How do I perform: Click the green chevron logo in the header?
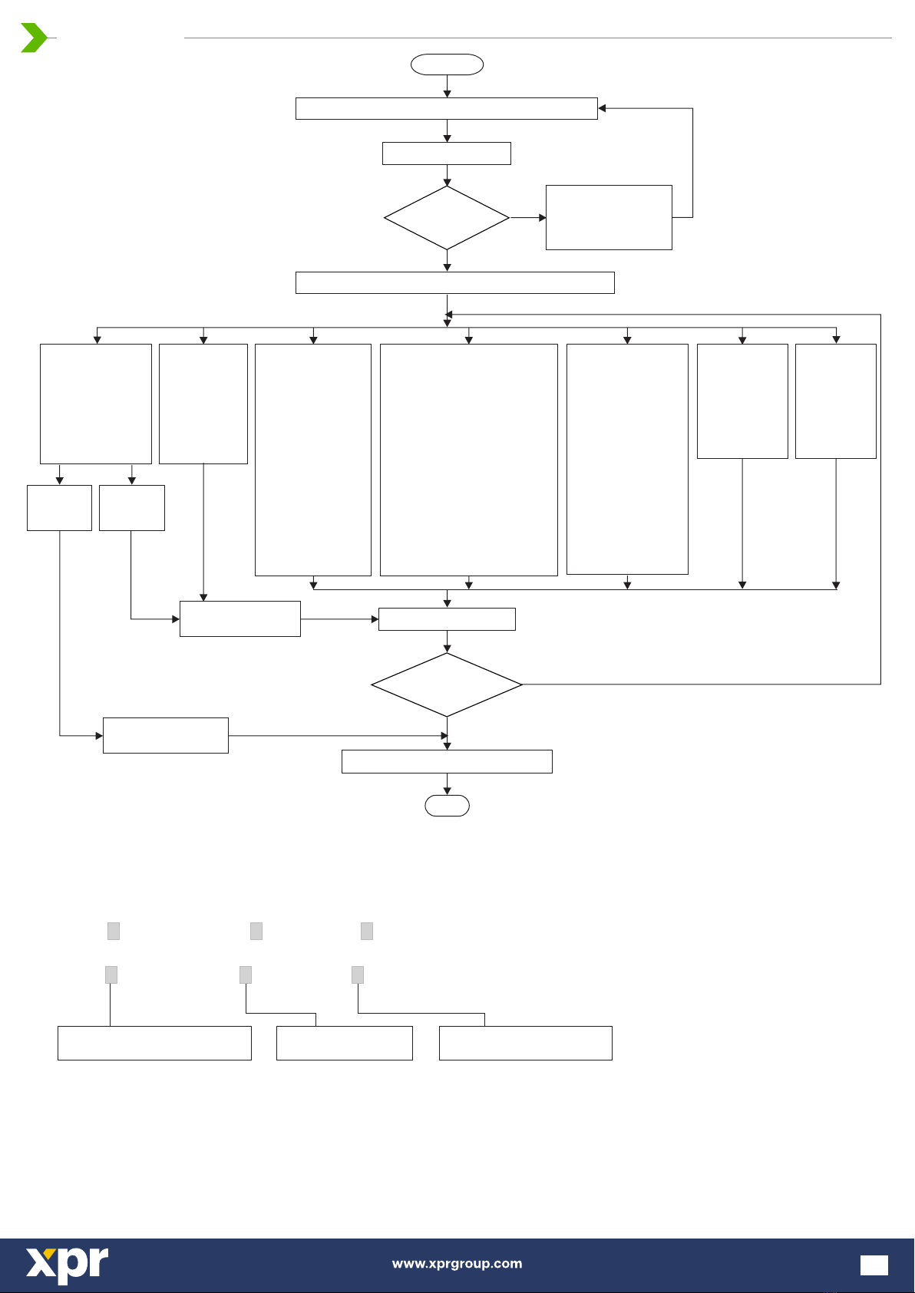[x=34, y=38]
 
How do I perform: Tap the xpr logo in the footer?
[x=67, y=1265]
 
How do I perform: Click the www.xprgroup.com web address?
[x=457, y=1263]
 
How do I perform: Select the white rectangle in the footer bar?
[x=874, y=1265]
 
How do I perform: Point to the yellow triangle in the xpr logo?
[x=50, y=1252]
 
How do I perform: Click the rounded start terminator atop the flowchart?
[x=447, y=64]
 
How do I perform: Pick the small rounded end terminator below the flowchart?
[x=447, y=805]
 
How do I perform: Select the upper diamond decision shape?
[x=447, y=218]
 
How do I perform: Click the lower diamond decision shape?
[x=447, y=684]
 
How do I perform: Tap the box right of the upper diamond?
[x=609, y=218]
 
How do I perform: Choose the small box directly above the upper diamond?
[x=447, y=153]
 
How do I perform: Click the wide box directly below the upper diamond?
[x=455, y=283]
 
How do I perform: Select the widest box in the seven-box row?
[x=469, y=460]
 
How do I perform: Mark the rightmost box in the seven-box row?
[x=836, y=401]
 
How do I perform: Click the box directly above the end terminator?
[x=447, y=761]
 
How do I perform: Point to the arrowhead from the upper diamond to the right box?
[x=542, y=218]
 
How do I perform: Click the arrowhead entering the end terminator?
[x=447, y=791]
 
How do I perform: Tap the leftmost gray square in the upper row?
[x=114, y=931]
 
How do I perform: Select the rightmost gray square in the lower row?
[x=358, y=975]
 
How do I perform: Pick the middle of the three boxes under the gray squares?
[x=345, y=1043]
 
